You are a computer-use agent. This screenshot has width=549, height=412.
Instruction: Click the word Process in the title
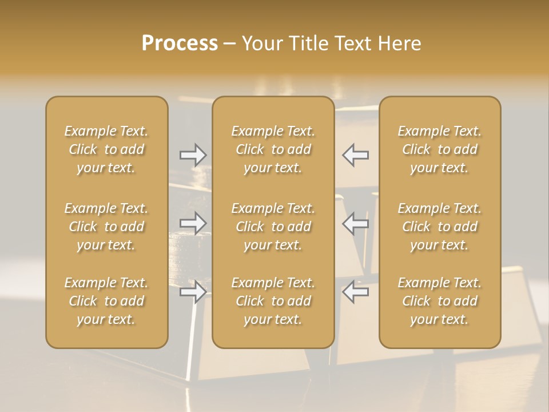coord(180,43)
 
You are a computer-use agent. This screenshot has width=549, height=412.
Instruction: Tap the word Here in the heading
coord(398,43)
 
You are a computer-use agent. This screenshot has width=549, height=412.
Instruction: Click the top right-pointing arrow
coord(193,154)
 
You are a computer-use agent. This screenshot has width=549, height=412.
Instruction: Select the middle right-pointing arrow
coord(193,223)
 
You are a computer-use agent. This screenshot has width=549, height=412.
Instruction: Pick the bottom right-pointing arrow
coord(193,292)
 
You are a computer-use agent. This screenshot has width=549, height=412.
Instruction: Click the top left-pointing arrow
coord(356,154)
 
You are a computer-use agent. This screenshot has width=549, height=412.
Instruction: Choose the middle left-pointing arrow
coord(356,223)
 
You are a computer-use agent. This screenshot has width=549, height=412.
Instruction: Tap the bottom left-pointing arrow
coord(356,292)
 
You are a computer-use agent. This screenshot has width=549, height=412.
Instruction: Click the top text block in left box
coord(106,149)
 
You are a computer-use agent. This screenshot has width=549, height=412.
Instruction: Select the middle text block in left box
coord(106,227)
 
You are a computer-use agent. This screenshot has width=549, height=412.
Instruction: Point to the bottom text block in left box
coord(106,301)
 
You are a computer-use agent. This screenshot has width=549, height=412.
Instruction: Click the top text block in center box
coord(273,149)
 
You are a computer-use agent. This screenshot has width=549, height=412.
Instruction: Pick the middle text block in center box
coord(273,227)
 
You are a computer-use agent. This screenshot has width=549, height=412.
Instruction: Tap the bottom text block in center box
coord(273,301)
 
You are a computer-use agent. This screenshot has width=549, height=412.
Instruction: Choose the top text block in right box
coord(440,149)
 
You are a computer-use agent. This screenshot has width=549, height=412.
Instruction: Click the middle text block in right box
coord(440,227)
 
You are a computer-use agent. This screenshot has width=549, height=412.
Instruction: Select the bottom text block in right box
coord(440,301)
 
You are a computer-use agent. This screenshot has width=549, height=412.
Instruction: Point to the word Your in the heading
coord(261,43)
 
